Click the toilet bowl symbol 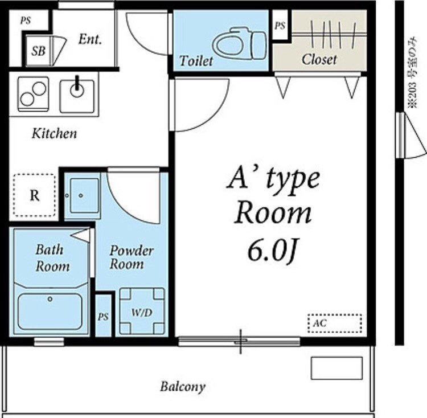tap(239, 44)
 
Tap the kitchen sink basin tap(77, 96)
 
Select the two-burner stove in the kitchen tap(33, 94)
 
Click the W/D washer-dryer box tap(142, 312)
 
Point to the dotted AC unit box tap(335, 323)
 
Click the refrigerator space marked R tap(34, 195)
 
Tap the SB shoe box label tap(38, 51)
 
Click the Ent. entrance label tap(90, 39)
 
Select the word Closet tap(319, 59)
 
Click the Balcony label tap(183, 387)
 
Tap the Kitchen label tap(54, 133)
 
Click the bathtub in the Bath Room tap(50, 312)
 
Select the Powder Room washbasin tap(84, 195)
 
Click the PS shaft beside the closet tap(280, 26)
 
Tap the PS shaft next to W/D tap(103, 316)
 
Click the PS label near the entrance tap(25, 21)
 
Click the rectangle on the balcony tap(337, 368)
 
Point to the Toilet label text tap(196, 60)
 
